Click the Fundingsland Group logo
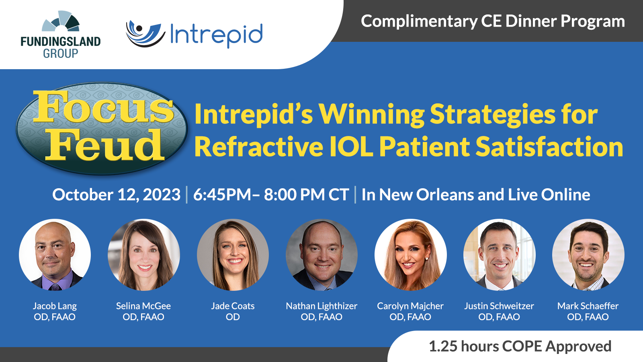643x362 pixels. click(61, 35)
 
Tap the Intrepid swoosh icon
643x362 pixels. click(145, 34)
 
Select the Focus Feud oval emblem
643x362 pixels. click(102, 128)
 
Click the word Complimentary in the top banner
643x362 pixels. click(419, 22)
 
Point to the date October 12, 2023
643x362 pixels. click(116, 195)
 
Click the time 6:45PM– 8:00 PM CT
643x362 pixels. click(271, 195)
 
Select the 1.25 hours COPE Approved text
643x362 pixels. click(520, 346)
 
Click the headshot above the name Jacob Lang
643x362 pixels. click(55, 255)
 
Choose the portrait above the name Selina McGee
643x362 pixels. click(144, 255)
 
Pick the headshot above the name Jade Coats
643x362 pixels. click(233, 255)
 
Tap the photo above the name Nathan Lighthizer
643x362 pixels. click(322, 255)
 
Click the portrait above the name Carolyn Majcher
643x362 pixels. click(410, 255)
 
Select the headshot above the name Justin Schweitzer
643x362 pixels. click(500, 255)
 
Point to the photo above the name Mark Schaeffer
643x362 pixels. click(588, 255)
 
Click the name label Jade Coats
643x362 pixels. click(233, 306)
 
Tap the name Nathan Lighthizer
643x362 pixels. click(321, 306)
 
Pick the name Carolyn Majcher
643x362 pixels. click(410, 306)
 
